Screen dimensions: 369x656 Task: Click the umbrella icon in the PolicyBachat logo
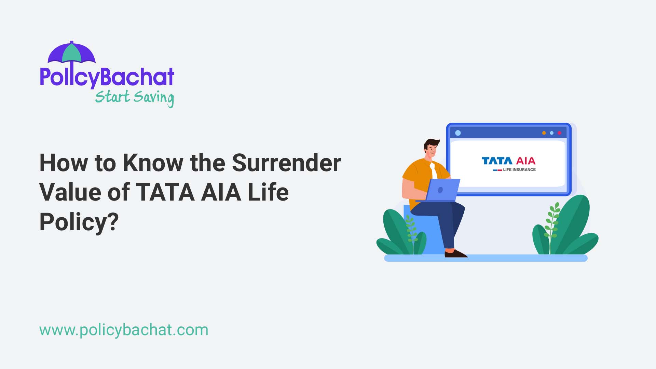71,54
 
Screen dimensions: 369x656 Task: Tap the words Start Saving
134,97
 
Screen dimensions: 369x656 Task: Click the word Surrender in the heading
286,163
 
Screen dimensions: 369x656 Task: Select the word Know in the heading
153,163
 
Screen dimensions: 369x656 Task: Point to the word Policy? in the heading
79,222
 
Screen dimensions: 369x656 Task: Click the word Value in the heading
70,192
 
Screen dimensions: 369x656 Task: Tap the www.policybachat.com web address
124,330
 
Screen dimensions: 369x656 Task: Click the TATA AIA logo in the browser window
508,161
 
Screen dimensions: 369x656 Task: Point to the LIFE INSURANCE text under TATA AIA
519,169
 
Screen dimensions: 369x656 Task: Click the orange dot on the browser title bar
544,133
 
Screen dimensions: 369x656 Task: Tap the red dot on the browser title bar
559,133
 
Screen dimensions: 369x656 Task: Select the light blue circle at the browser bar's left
458,133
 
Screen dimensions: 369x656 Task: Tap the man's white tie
434,171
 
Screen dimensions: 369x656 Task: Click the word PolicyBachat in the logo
107,77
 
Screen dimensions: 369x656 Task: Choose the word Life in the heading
268,192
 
